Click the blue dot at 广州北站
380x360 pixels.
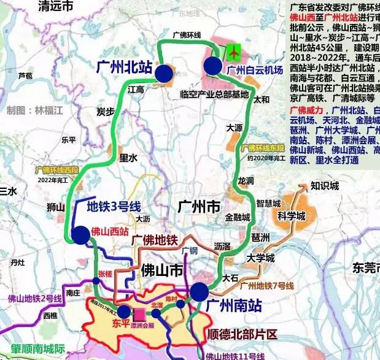pos(164,74)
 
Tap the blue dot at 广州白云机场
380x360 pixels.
pos(214,66)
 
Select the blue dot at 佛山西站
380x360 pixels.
pos(80,234)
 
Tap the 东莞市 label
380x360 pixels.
pos(366,267)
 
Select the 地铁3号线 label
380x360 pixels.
pos(114,206)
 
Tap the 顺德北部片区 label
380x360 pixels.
pos(240,334)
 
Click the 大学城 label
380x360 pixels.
pos(260,258)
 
